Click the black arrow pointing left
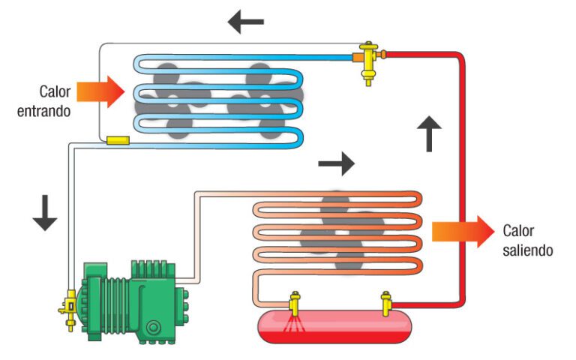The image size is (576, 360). click(245, 22)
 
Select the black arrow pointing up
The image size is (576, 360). click(430, 134)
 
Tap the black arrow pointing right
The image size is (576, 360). click(336, 161)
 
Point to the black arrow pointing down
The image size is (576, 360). click(45, 211)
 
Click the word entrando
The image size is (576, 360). click(45, 112)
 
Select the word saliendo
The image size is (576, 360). click(528, 250)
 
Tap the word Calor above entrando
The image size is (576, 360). click(55, 92)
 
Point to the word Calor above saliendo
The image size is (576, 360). click(518, 230)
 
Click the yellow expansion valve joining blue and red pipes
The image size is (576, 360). click(367, 57)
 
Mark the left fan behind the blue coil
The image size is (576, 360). click(171, 101)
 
